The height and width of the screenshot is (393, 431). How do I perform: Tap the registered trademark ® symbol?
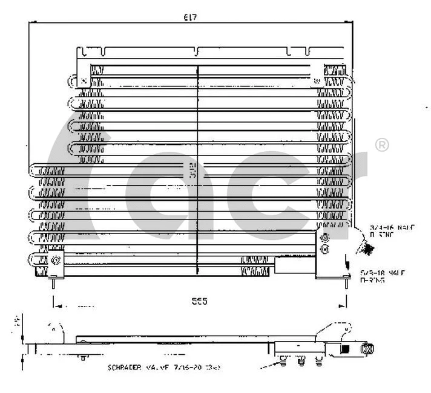(382, 145)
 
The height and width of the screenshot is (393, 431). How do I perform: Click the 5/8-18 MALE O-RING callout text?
(383, 276)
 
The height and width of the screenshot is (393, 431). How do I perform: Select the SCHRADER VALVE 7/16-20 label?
(163, 367)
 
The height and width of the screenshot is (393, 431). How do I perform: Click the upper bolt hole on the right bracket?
(325, 237)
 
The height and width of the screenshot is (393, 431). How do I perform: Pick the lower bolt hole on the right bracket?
(325, 248)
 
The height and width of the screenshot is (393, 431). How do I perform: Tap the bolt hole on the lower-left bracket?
(56, 260)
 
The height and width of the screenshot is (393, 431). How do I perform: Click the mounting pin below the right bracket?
(347, 282)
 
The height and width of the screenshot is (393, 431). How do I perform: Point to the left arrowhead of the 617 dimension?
(32, 23)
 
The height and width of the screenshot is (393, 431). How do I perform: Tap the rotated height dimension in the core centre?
(192, 171)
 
